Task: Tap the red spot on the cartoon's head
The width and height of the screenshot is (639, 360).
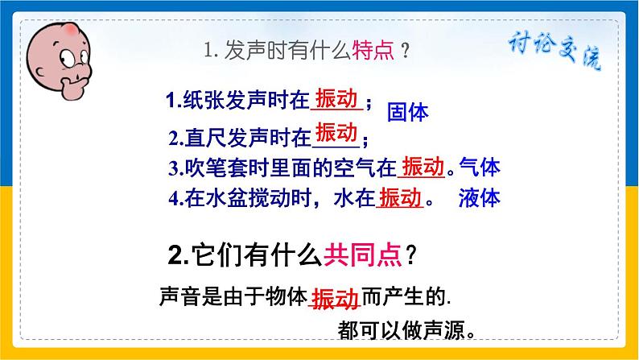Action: pos(72,29)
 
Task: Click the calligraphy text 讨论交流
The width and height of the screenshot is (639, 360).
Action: pos(554,50)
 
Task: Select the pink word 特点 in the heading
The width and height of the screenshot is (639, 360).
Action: pos(373,51)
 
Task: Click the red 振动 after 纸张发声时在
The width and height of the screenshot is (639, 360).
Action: pos(336,98)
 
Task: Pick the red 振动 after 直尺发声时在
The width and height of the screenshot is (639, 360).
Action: pos(336,133)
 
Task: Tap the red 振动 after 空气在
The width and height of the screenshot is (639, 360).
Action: pos(423,167)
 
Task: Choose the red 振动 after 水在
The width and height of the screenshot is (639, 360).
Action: pos(400,198)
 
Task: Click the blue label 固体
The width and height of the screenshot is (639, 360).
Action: pos(408,112)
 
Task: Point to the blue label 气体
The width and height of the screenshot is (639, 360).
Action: pos(480,168)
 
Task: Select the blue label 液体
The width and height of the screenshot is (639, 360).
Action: pos(480,198)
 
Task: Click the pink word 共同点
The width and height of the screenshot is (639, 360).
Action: pos(362,255)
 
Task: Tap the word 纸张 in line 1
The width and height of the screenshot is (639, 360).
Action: pos(204,100)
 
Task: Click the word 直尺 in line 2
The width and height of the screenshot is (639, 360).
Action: pos(206,138)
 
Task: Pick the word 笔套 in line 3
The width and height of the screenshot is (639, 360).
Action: pos(227,168)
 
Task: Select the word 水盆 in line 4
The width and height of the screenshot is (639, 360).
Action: pos(227,199)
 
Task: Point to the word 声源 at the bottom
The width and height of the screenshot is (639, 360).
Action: pos(444,330)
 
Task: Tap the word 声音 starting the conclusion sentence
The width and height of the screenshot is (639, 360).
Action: pos(180,296)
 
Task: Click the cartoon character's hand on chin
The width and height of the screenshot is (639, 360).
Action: pos(73,88)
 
